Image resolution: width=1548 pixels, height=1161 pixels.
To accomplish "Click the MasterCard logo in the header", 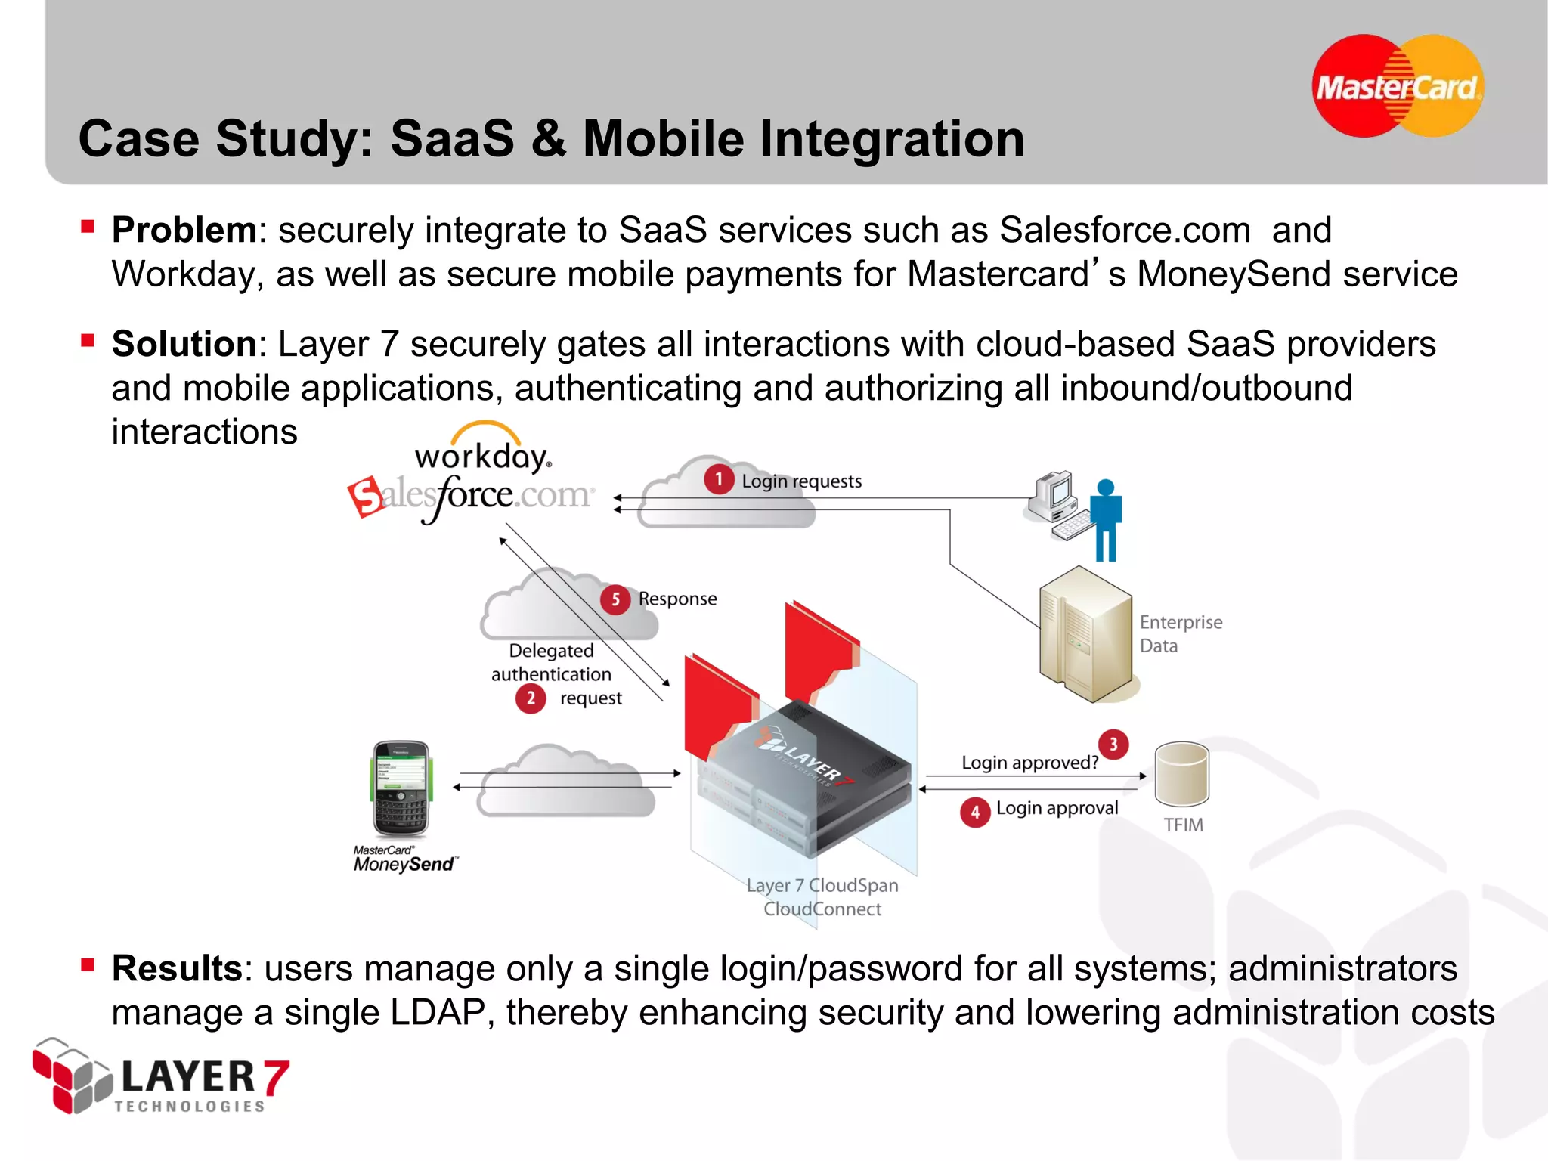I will tap(1397, 86).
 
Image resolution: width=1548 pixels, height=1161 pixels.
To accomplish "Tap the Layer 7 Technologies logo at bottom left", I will tap(160, 1078).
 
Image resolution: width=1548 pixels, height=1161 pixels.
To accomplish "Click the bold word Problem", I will tap(184, 230).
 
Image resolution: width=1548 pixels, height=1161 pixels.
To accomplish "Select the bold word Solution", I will tap(184, 344).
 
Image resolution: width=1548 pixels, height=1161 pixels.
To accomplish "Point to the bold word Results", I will tap(177, 968).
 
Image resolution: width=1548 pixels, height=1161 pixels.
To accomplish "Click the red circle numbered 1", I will tap(719, 479).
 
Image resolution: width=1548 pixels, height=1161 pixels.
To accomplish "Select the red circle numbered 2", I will tap(531, 698).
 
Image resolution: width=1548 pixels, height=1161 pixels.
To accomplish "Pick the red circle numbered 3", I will tap(1113, 745).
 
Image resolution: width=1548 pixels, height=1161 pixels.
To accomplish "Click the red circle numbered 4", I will tap(975, 813).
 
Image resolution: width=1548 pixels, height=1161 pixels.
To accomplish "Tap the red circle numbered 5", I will tap(615, 600).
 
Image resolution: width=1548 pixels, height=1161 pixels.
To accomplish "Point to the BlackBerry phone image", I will tap(401, 788).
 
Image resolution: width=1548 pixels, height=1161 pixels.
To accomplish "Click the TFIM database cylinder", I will tap(1181, 774).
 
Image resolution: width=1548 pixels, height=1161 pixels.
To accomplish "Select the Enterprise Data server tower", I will tap(1085, 635).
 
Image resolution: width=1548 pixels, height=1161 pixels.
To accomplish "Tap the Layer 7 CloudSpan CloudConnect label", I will tap(822, 897).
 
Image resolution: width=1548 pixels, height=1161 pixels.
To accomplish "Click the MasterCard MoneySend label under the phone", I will tap(404, 860).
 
